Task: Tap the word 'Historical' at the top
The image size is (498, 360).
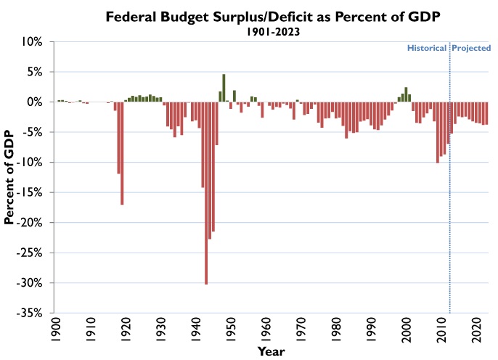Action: click(426, 48)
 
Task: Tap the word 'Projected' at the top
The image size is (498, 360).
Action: click(472, 48)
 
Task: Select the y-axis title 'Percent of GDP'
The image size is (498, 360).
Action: click(10, 178)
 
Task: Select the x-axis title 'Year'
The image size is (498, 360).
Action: click(272, 351)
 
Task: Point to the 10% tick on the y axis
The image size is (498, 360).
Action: click(33, 42)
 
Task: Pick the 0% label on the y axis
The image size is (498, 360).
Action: click(36, 102)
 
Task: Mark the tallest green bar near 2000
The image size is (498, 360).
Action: click(406, 94)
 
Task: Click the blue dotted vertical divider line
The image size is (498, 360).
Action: click(450, 218)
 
